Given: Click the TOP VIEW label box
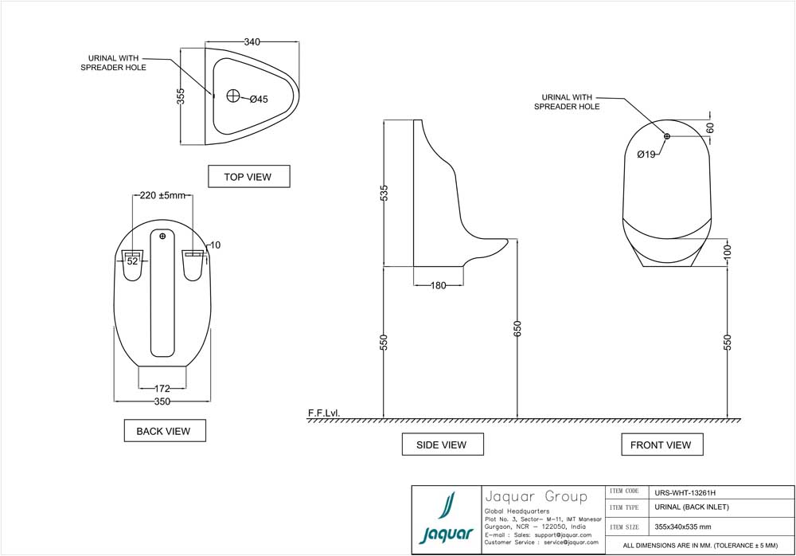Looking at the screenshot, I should point(248,177).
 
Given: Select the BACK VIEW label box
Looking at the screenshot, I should point(165,431).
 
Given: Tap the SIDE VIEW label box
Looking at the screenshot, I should point(442,444).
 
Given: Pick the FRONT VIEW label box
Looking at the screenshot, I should point(661,444).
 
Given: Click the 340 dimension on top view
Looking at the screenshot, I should point(253,41).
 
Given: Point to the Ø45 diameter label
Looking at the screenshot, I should point(259,100).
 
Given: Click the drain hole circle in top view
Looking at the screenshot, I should point(233,96).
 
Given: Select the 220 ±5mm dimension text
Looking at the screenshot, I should point(162,195).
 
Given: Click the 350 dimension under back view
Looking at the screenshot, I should point(162,402).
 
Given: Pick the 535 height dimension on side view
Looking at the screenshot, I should point(384,193).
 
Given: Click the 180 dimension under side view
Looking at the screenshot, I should point(439,286).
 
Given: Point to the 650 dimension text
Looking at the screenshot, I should point(517,329).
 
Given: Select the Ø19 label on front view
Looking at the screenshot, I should point(646,155).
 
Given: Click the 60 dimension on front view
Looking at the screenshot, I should point(710,127).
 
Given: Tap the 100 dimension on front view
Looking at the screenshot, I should point(728,252).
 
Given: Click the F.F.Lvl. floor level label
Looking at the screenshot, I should point(324,413).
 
